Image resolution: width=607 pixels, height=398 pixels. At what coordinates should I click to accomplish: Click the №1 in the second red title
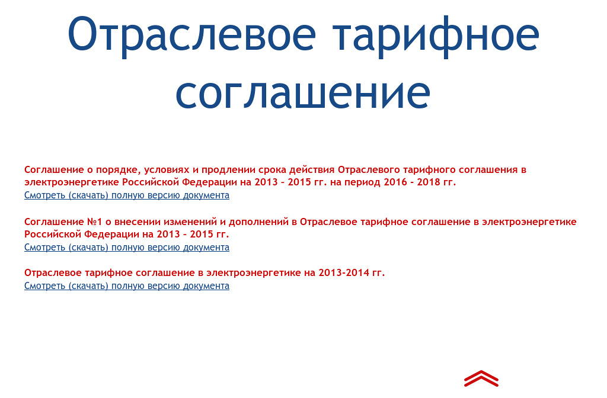[x=94, y=222]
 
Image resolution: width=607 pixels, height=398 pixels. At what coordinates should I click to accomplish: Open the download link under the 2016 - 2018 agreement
[x=127, y=195]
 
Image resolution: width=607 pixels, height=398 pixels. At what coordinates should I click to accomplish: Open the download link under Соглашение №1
[x=127, y=248]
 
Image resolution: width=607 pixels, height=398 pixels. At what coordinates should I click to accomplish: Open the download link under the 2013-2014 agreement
[x=127, y=286]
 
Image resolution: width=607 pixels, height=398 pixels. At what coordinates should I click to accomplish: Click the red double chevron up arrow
[x=481, y=378]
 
